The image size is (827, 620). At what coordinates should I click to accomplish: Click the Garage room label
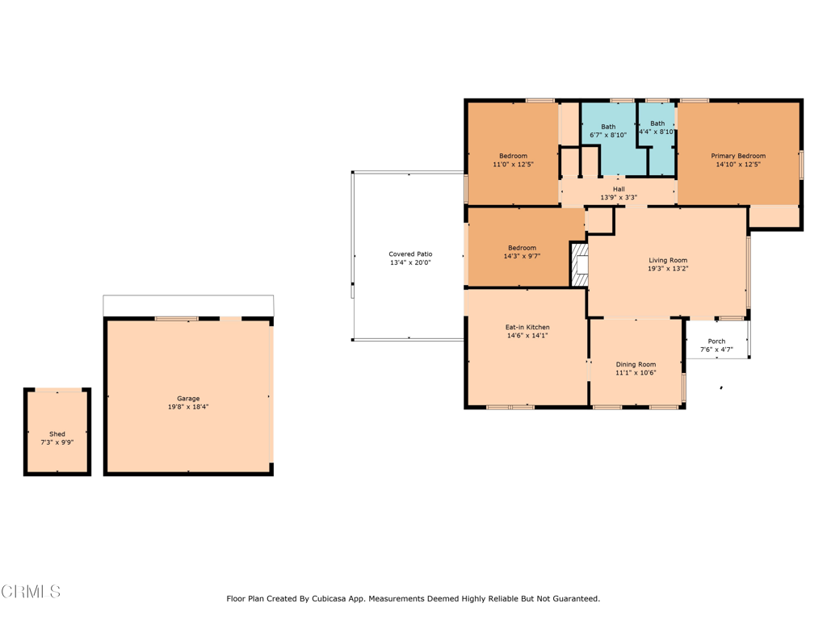point(188,399)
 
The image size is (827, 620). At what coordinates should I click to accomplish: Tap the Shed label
point(57,434)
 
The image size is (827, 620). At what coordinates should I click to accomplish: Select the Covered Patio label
point(410,254)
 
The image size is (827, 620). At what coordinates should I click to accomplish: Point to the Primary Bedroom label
point(738,156)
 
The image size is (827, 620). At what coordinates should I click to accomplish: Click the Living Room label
point(668,261)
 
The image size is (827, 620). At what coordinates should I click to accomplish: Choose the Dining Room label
point(636,364)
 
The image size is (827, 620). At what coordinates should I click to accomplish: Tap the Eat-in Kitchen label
point(527,328)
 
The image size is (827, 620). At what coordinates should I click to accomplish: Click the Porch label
point(716,341)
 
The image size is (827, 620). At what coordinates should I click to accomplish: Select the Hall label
point(619,189)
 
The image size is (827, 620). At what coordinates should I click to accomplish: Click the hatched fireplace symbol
point(580,264)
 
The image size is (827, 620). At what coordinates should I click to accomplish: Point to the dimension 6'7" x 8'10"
point(608,135)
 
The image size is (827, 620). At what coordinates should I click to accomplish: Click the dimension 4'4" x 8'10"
point(657,132)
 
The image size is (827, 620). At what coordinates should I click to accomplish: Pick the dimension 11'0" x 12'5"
point(513,165)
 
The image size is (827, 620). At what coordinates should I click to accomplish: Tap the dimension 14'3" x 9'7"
point(523,256)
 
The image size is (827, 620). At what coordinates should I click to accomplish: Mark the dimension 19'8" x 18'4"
point(188,407)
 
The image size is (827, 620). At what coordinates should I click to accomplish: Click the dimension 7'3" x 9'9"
point(57,442)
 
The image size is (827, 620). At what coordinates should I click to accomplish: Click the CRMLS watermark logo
point(31,592)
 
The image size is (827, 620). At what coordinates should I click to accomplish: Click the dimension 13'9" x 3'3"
point(619,198)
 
